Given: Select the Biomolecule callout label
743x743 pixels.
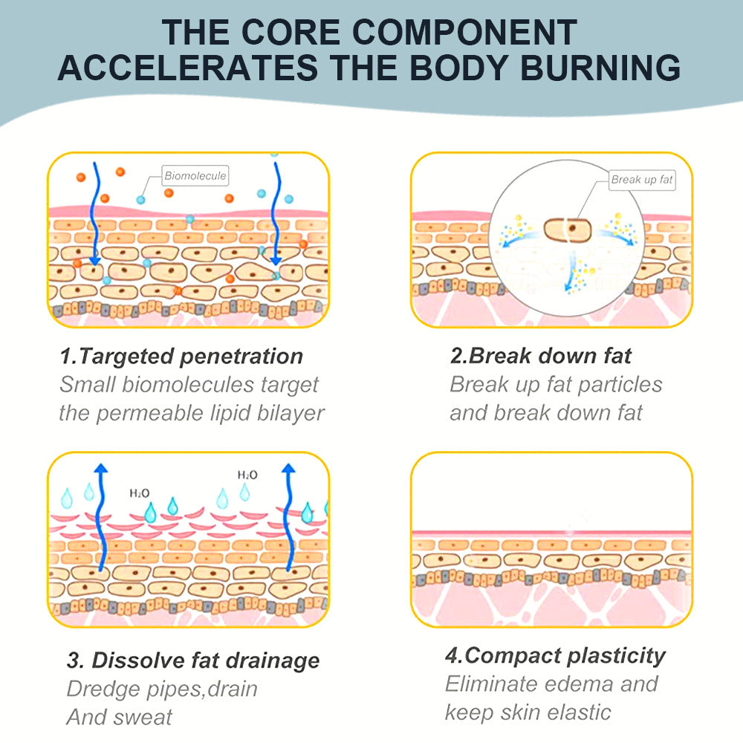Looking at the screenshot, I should pos(195,176).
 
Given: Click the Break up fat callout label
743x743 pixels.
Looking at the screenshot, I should pos(642,180).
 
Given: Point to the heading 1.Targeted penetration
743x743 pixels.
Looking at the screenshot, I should pos(182,356).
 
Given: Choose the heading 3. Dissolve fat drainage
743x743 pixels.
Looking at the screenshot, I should pos(193,660).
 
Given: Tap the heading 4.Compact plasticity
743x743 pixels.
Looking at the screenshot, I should pos(555,655).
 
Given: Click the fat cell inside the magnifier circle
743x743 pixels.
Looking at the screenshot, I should pos(565,230).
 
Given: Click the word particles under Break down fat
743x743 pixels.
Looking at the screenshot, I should pos(620,384).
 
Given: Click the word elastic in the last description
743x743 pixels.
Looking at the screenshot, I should pos(577,712).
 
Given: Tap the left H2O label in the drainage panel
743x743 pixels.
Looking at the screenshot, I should pos(139,493).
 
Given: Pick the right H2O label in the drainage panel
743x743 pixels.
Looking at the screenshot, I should pos(247,475).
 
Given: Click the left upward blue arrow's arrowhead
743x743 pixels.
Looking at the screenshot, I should pos(102,468).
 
